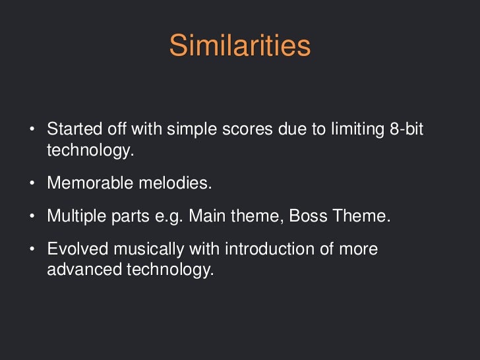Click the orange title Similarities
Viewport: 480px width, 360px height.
coord(239,46)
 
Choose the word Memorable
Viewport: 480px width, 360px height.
coord(90,183)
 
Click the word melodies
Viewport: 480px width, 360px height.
coord(175,183)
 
